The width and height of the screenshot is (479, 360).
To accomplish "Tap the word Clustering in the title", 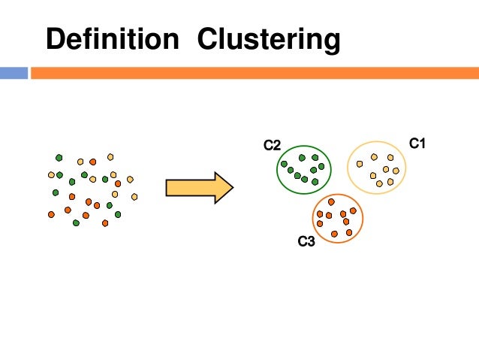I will point(268,40).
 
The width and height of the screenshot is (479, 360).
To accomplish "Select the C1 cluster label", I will point(417,142).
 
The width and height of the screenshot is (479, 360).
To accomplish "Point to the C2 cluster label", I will point(271,144).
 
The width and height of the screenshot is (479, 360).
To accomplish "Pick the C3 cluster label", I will point(306,242).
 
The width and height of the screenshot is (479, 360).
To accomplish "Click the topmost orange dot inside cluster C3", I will point(331,201).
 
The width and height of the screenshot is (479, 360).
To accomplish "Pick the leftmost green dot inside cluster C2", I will point(284,164).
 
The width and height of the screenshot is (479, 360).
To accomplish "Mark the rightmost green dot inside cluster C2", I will point(321,166).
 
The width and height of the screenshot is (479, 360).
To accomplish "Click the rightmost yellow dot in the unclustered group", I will point(134,196).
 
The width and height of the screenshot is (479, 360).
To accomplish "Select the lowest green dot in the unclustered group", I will point(77,223).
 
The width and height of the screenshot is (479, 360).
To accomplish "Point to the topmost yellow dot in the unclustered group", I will point(110,156).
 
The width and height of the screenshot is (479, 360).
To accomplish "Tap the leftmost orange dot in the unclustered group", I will point(51,214).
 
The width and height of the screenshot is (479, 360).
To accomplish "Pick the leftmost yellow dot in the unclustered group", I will point(51,174).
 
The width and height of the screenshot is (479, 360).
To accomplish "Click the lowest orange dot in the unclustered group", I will point(105,223).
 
